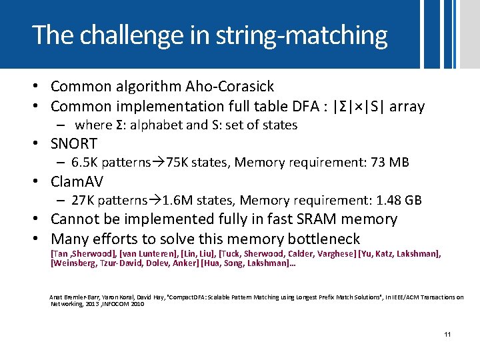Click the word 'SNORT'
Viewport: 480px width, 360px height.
point(74,143)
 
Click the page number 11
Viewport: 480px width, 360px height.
point(447,333)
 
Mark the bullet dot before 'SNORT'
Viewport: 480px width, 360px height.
point(39,144)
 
